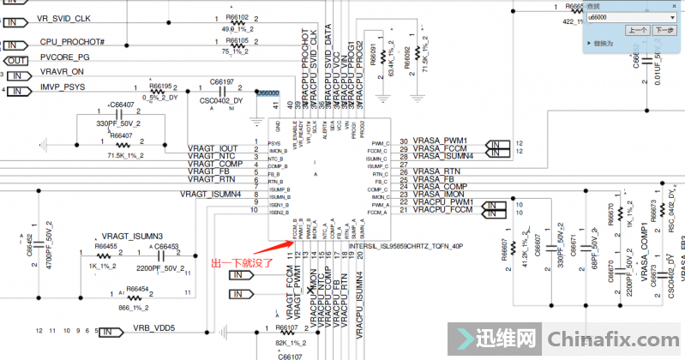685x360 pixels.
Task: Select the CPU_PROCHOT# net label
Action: (72, 42)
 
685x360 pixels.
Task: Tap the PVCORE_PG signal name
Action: (65, 57)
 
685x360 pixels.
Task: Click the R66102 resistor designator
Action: (237, 17)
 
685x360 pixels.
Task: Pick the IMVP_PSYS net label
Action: (63, 87)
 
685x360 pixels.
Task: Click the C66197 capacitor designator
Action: (222, 81)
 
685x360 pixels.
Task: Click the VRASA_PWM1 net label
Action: (440, 140)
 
